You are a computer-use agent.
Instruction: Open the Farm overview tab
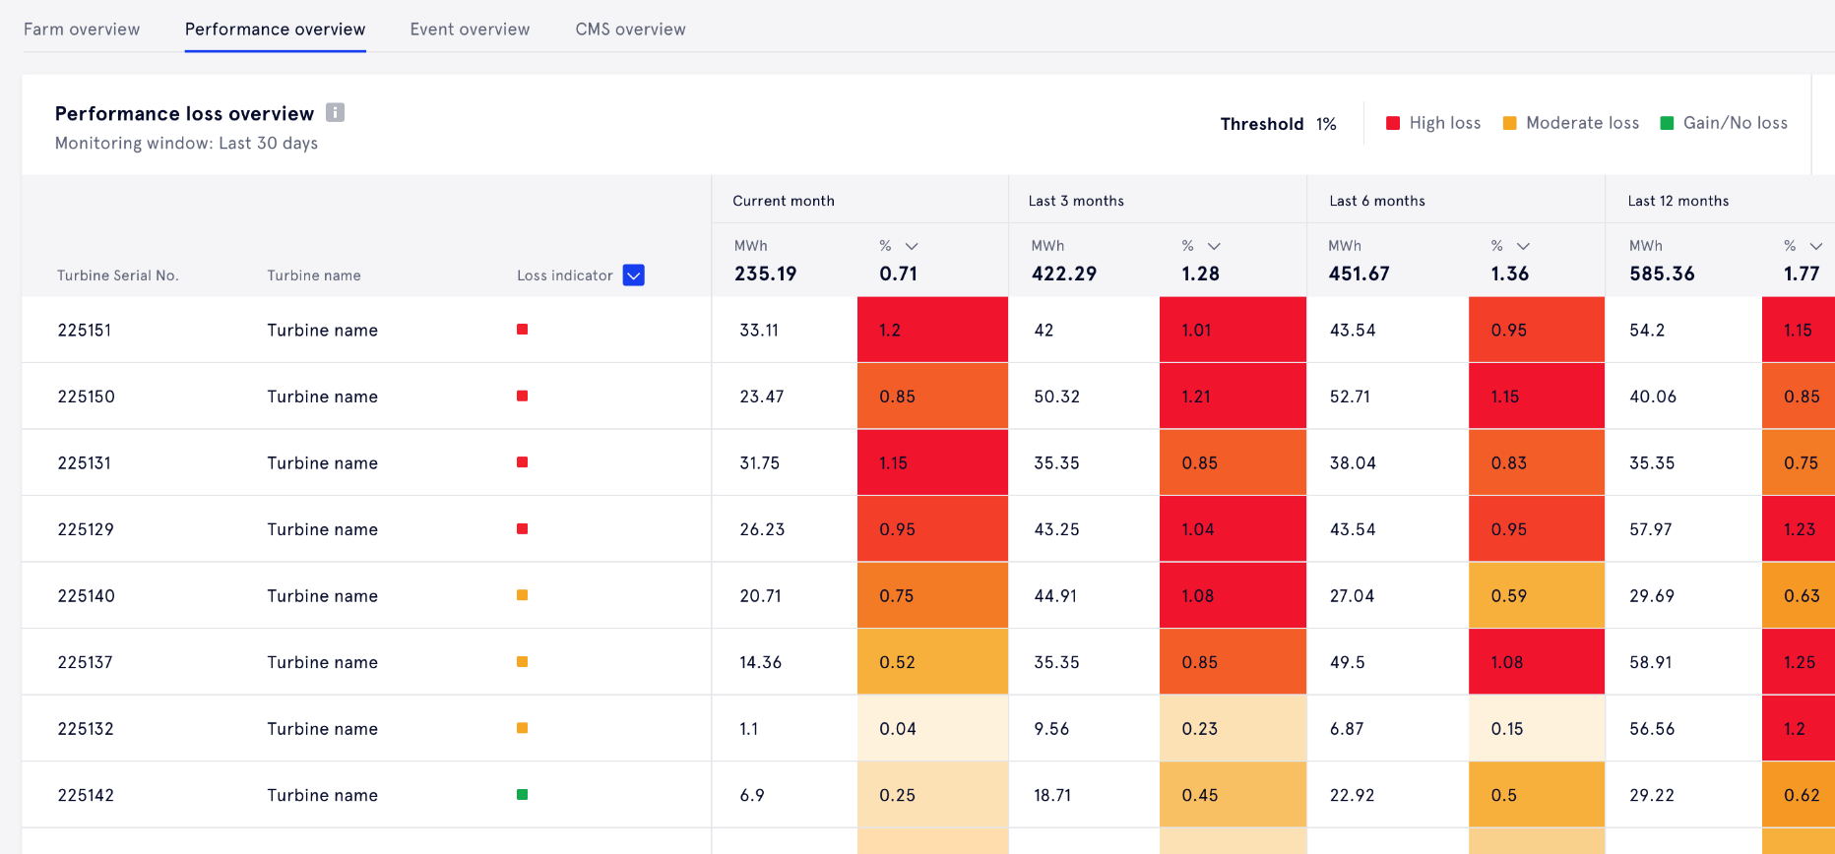click(x=82, y=30)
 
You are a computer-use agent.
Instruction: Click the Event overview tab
click(x=470, y=30)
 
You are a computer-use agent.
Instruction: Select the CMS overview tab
click(x=630, y=30)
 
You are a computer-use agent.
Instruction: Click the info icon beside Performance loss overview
click(x=336, y=112)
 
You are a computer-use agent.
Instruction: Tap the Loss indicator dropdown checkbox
click(x=634, y=275)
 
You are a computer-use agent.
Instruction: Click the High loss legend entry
click(x=1433, y=123)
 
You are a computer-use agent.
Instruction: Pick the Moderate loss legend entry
click(x=1571, y=123)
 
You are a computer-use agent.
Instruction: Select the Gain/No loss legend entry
click(x=1724, y=123)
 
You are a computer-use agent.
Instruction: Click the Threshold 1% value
click(x=1326, y=124)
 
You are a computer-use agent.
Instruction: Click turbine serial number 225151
click(x=85, y=331)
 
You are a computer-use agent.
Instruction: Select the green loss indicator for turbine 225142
click(x=523, y=795)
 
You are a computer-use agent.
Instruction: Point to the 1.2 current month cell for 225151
click(x=932, y=331)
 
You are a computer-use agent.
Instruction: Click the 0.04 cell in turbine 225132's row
click(x=932, y=729)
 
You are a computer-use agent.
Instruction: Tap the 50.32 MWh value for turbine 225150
click(x=1056, y=396)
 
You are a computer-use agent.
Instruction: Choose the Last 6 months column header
click(x=1376, y=201)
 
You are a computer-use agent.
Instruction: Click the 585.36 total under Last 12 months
click(x=1662, y=274)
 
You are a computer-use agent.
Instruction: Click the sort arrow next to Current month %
click(x=912, y=246)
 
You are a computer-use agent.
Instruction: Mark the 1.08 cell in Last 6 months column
click(x=1536, y=662)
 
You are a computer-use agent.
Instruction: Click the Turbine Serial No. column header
click(x=117, y=275)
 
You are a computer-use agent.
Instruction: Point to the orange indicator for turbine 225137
click(x=523, y=662)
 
